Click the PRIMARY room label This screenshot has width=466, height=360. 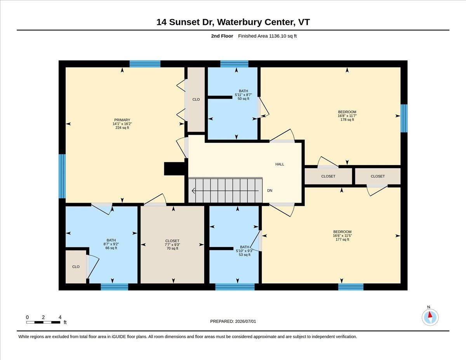click(x=122, y=120)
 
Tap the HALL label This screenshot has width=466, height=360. click(x=280, y=164)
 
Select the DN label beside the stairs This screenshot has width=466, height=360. click(x=270, y=190)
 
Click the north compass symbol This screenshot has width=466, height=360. click(x=430, y=317)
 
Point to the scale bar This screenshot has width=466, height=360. click(x=43, y=322)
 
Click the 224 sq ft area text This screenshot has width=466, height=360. click(x=122, y=128)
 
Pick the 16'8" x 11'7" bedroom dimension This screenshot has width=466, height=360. click(x=347, y=116)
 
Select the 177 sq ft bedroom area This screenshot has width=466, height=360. click(x=342, y=239)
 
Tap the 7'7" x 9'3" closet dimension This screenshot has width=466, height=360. click(x=172, y=245)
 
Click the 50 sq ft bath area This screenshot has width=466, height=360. click(x=243, y=99)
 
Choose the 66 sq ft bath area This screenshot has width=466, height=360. click(x=111, y=248)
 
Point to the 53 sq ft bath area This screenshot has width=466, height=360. click(x=245, y=255)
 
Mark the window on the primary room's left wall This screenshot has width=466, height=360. click(x=62, y=176)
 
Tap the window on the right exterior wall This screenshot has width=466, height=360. click(x=404, y=118)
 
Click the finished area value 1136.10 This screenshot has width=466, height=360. click(x=278, y=36)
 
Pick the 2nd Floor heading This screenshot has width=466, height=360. click(x=222, y=36)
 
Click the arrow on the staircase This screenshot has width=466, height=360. click(x=225, y=190)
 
